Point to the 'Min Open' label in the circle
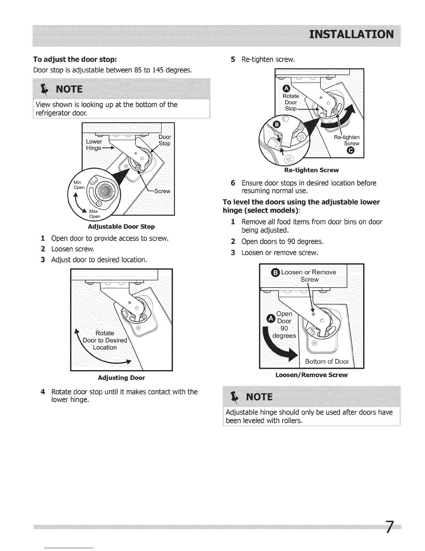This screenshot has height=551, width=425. [x=79, y=185]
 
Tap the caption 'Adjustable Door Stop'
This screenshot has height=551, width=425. [x=121, y=227]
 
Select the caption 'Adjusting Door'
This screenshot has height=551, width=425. [x=121, y=378]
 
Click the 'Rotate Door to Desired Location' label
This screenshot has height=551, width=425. [x=105, y=340]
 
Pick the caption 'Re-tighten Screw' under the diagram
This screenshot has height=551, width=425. [x=311, y=170]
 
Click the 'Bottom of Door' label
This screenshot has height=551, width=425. [x=327, y=361]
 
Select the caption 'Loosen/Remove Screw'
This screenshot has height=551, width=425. [x=311, y=375]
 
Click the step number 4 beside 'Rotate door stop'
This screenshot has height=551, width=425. [x=43, y=392]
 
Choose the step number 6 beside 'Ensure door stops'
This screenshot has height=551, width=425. [x=233, y=183]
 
